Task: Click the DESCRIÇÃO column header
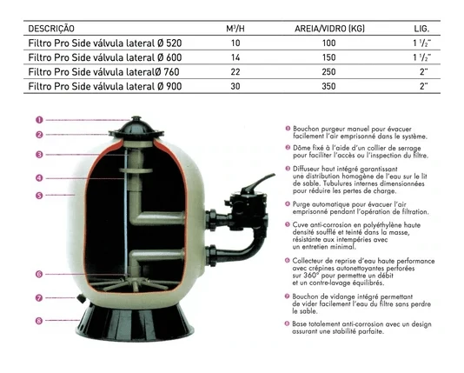[51, 29]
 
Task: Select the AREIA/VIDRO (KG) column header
[329, 29]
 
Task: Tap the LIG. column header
[421, 29]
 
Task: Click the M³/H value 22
[235, 72]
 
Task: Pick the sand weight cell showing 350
[328, 86]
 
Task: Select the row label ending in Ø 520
[105, 43]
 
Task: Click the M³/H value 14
[235, 57]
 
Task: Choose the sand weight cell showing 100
[328, 43]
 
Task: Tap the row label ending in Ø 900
[105, 86]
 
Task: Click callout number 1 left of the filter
[39, 120]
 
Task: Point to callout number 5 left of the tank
[39, 196]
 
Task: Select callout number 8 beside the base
[39, 321]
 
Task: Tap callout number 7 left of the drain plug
[39, 298]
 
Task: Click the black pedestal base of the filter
[135, 323]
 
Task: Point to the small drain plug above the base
[81, 298]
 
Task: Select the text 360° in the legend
[311, 276]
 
